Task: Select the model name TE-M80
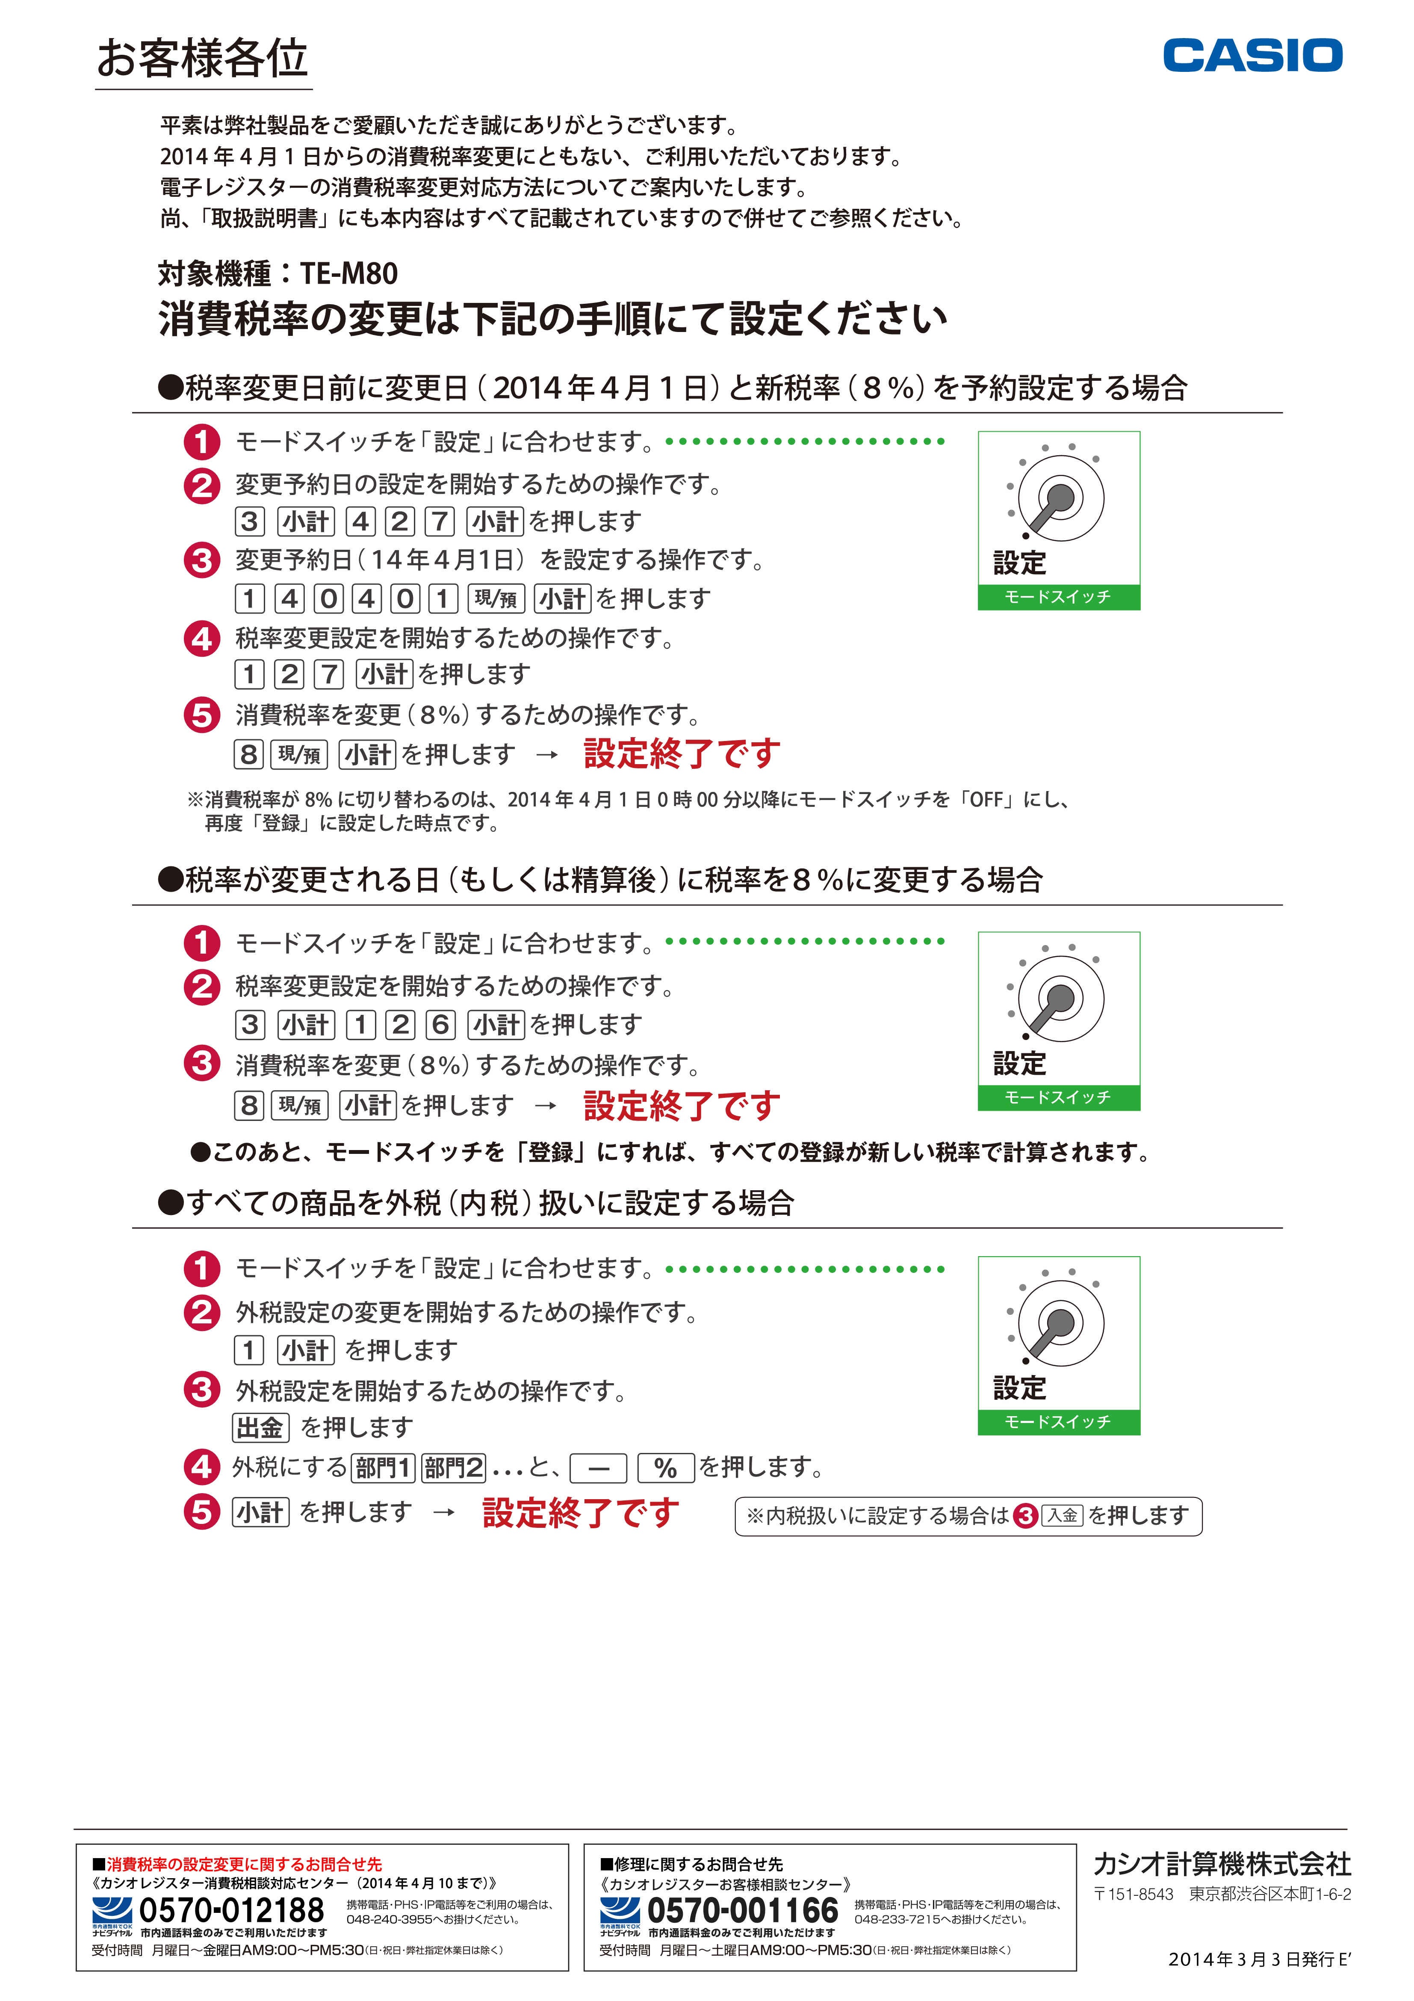[x=348, y=274]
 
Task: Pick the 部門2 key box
[x=453, y=1468]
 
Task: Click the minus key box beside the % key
[x=599, y=1468]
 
